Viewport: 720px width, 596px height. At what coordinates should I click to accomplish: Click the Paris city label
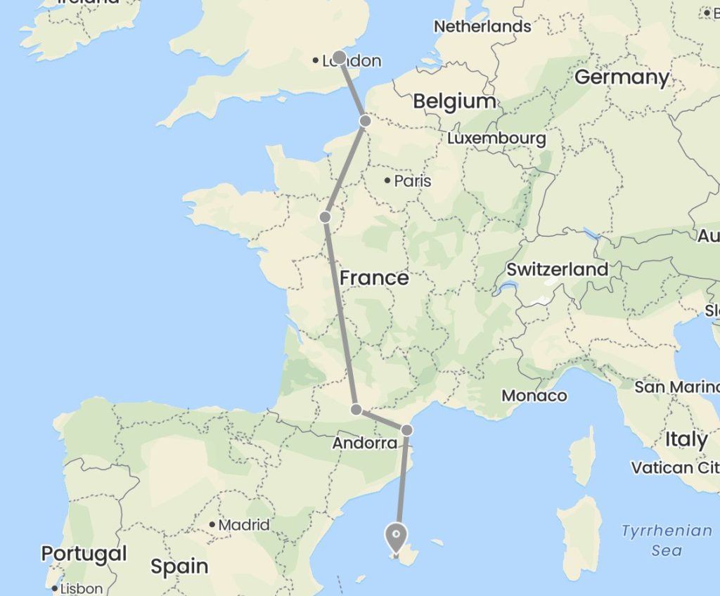tap(413, 181)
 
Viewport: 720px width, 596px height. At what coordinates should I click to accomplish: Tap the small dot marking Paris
tap(387, 181)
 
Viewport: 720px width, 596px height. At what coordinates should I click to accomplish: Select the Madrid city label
tap(244, 524)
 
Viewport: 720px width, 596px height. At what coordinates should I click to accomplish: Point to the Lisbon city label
tap(82, 589)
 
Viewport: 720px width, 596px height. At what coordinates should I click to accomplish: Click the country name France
tap(374, 278)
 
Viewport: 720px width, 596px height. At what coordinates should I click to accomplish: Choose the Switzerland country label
tap(558, 269)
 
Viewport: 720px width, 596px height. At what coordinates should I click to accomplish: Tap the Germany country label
tap(622, 77)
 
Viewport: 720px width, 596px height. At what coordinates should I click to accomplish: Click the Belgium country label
tap(454, 101)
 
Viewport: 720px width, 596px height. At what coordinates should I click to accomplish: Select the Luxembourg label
tap(496, 138)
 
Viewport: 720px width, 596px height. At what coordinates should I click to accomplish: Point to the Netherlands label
tap(482, 27)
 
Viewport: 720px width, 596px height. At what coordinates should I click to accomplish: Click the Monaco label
tap(534, 396)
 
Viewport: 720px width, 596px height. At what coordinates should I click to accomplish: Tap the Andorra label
tap(365, 443)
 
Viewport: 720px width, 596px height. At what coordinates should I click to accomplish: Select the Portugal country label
tap(84, 554)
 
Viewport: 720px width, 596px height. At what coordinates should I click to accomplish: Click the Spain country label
tap(179, 566)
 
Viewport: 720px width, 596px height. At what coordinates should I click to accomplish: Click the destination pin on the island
tap(397, 538)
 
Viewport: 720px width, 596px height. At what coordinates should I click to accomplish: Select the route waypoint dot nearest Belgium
tap(365, 121)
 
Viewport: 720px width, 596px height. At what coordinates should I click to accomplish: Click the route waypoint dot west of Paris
tap(325, 217)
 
